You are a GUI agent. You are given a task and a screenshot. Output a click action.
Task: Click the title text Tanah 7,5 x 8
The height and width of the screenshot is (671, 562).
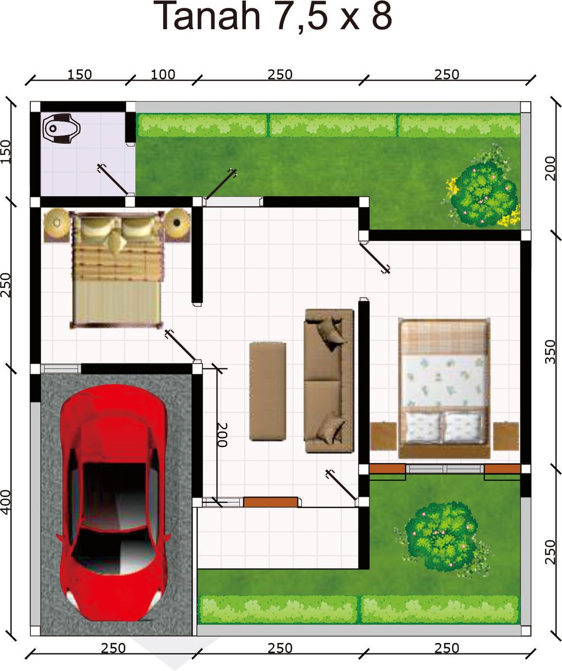click(274, 16)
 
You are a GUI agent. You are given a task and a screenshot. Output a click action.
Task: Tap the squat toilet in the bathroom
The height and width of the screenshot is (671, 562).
click(61, 128)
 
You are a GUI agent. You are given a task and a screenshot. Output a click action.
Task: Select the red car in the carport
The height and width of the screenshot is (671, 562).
click(114, 501)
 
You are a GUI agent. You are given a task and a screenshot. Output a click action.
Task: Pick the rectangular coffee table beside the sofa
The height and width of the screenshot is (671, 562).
click(268, 392)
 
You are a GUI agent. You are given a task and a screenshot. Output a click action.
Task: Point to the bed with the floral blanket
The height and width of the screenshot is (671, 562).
click(445, 388)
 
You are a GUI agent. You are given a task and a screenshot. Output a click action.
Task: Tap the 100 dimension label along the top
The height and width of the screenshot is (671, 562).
click(163, 75)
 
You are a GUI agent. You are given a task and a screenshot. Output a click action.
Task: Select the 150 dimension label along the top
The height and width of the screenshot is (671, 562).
click(80, 75)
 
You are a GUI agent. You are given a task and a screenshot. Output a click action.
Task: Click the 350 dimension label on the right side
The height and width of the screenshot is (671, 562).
click(550, 351)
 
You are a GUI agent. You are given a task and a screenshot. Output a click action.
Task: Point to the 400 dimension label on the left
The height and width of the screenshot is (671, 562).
click(6, 502)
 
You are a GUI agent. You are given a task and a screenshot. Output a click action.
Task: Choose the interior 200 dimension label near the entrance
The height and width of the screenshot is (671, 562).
click(222, 435)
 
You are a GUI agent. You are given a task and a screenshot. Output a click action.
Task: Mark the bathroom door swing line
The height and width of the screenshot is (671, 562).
click(114, 180)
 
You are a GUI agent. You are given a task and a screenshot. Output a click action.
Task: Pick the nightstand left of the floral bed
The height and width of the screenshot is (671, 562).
click(384, 436)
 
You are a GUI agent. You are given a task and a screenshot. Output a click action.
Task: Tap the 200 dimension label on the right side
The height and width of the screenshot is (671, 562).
click(550, 169)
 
